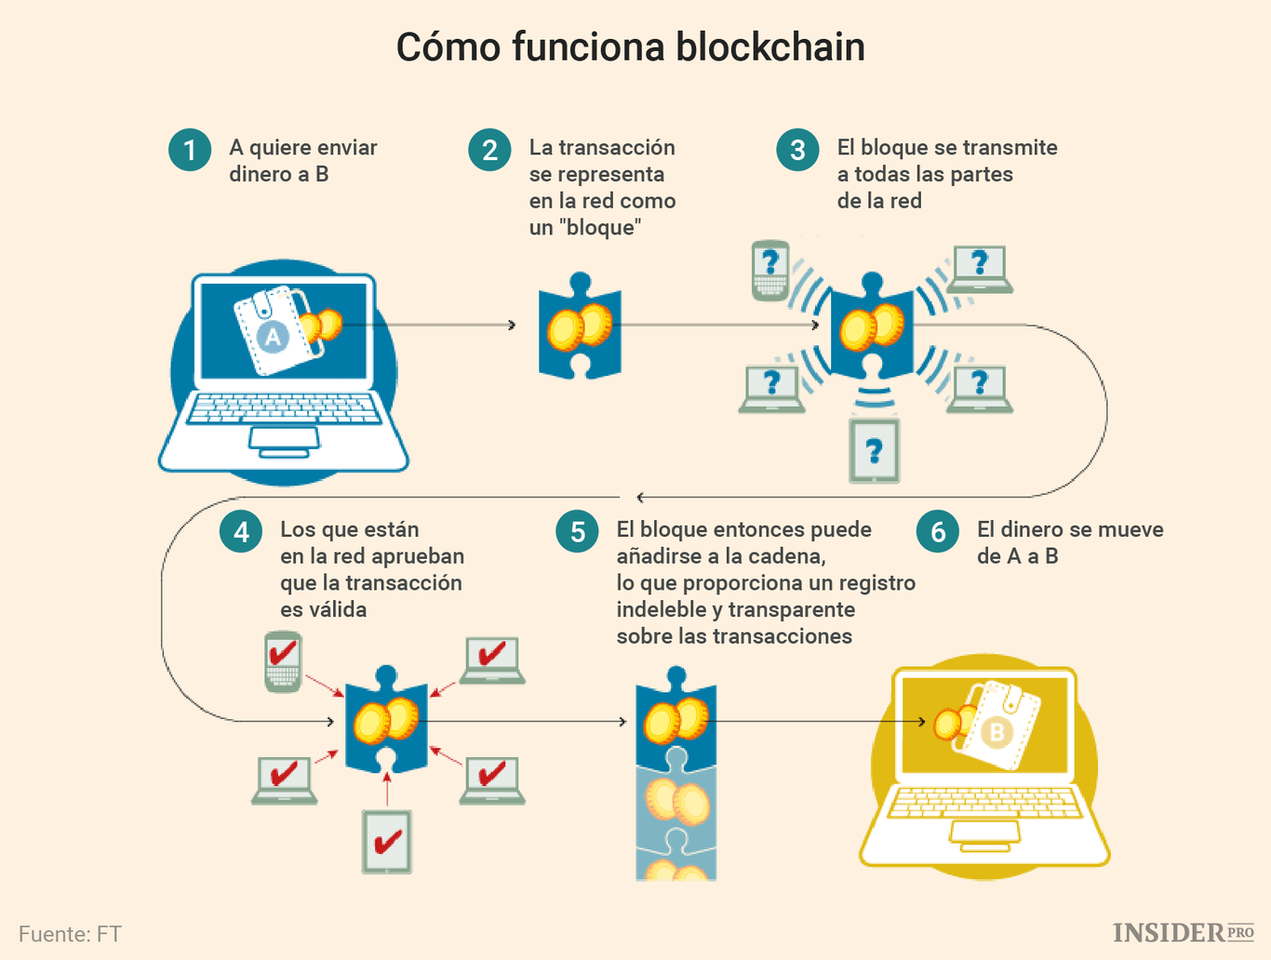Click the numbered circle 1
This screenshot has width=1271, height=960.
[x=190, y=150]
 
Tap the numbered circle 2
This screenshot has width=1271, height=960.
[x=489, y=150]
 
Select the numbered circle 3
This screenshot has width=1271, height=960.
[x=797, y=150]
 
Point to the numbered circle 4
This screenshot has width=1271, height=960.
[x=241, y=531]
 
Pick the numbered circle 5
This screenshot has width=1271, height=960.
[x=577, y=531]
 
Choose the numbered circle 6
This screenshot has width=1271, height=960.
[x=938, y=531]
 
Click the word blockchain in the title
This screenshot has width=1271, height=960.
[x=770, y=47]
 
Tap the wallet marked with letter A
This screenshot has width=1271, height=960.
[x=272, y=332]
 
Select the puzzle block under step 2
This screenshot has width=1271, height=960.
[x=580, y=327]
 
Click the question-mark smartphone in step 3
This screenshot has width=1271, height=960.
[x=770, y=270]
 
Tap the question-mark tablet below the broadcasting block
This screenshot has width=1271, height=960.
[x=874, y=451]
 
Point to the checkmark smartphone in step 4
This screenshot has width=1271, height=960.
[x=283, y=661]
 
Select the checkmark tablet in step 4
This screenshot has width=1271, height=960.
[x=386, y=842]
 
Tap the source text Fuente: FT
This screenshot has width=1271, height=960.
[x=70, y=934]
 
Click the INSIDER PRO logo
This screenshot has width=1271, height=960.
[x=1183, y=932]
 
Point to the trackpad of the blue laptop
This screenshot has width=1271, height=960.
[x=284, y=438]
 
